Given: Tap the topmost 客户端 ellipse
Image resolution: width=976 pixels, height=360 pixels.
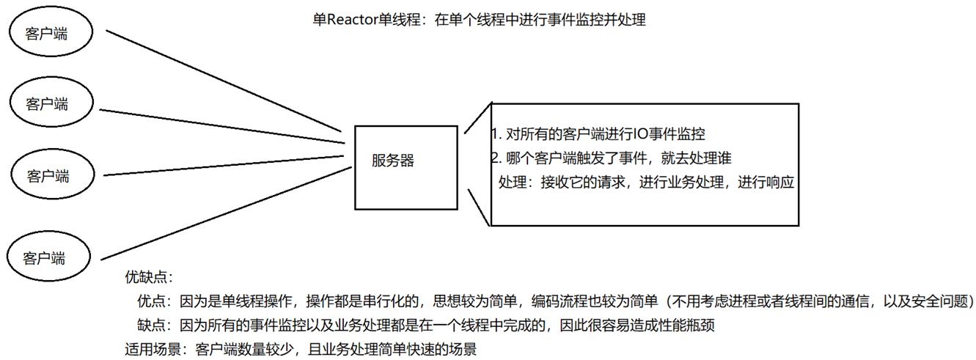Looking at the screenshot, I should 50,34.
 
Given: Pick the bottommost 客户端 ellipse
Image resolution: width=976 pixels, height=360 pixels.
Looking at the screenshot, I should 45,257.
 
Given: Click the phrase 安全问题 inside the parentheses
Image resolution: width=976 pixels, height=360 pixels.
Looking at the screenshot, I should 938,301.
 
